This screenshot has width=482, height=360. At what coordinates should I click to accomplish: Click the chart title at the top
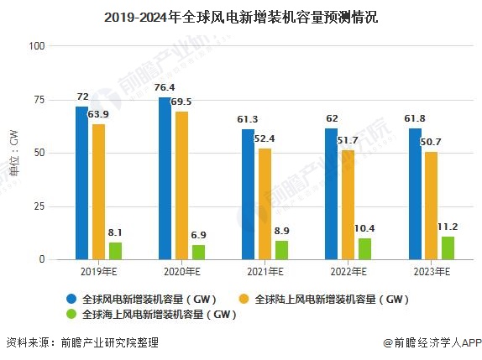pyautogui.click(x=241, y=16)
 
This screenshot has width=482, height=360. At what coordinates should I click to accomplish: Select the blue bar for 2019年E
pyautogui.click(x=81, y=183)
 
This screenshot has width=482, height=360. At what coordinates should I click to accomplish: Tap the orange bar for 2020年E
pyautogui.click(x=181, y=185)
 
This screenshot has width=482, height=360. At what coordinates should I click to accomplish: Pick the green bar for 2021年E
pyautogui.click(x=281, y=250)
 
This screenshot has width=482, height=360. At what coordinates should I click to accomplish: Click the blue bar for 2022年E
pyautogui.click(x=331, y=194)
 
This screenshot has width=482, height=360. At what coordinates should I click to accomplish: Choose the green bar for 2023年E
pyautogui.click(x=448, y=248)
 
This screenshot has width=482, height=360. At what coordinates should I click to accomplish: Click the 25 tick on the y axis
pyautogui.click(x=39, y=206)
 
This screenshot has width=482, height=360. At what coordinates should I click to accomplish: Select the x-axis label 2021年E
pyautogui.click(x=265, y=272)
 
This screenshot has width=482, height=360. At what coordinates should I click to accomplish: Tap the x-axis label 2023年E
pyautogui.click(x=431, y=272)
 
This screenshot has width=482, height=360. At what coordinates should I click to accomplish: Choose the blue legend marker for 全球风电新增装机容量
pyautogui.click(x=72, y=298)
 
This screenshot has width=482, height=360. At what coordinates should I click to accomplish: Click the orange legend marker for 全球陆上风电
pyautogui.click(x=245, y=298)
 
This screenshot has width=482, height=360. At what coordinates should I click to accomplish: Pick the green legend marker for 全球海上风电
pyautogui.click(x=72, y=315)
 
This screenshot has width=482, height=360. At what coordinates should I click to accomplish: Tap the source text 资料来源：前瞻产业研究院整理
pyautogui.click(x=81, y=342)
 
